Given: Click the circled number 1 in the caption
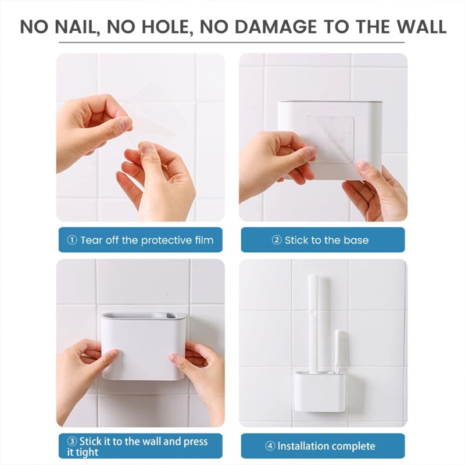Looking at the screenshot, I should pos(72,240).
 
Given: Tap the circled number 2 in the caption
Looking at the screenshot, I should pos(277,240).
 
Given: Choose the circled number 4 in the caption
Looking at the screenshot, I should pos(270,446).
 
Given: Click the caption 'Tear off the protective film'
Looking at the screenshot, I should pos(146,240).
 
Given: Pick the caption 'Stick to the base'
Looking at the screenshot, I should pos(326,240).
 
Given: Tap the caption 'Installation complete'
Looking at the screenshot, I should pos(326,446).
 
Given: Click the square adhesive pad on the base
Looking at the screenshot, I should pos(330,138).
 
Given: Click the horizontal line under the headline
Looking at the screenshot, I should pos(233,42).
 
